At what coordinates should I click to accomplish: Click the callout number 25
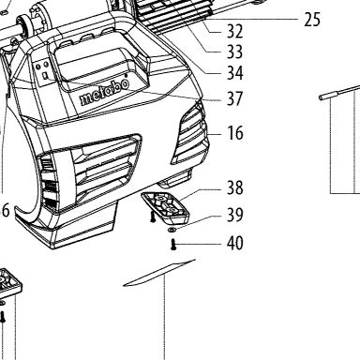point(312,20)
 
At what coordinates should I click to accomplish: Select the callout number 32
point(234,31)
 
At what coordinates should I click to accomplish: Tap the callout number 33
point(234,52)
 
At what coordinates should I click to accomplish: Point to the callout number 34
point(234,73)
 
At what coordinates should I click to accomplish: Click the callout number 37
point(234,98)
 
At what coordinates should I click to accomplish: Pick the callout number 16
point(235,133)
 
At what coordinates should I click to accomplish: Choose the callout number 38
point(234,187)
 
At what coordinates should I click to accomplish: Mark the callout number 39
point(234,215)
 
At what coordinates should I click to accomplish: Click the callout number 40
point(234,243)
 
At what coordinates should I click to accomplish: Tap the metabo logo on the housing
point(104,92)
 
